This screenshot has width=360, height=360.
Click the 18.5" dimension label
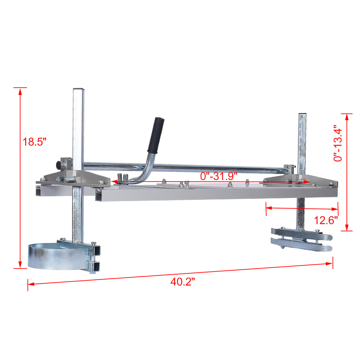click(x=34, y=142)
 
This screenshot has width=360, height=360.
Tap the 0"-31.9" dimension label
click(x=218, y=176)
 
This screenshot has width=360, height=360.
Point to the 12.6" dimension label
click(x=326, y=220)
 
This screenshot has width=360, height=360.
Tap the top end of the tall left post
click(x=79, y=89)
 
